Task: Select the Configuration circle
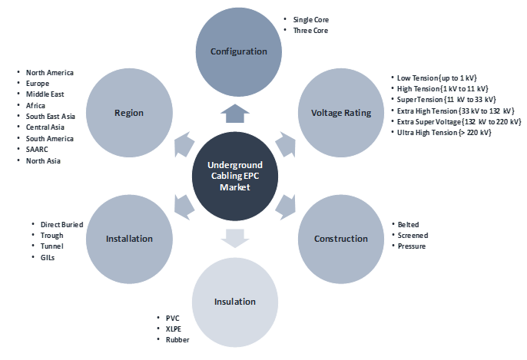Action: click(x=239, y=52)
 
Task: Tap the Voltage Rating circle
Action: click(x=341, y=113)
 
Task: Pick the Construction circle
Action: click(x=341, y=238)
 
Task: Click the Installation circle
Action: click(x=128, y=238)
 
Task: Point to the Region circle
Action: click(x=128, y=113)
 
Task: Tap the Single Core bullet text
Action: click(x=312, y=18)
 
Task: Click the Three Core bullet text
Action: click(x=311, y=30)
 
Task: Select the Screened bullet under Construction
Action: click(x=413, y=235)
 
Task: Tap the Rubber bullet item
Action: click(x=178, y=339)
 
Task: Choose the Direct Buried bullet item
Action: click(x=57, y=224)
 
